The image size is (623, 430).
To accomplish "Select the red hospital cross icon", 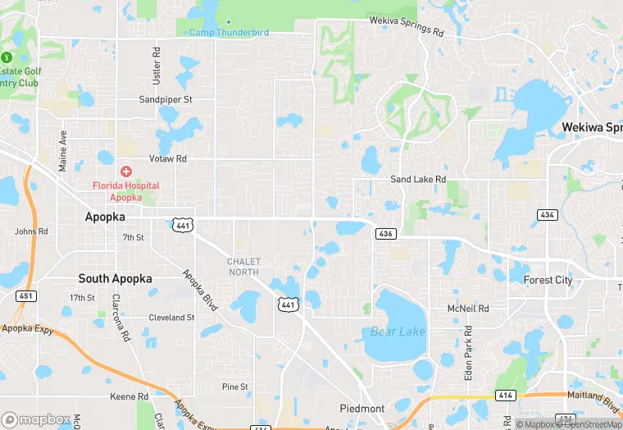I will point(126,172).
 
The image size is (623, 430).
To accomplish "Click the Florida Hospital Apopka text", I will point(125,192).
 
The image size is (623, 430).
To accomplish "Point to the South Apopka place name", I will point(115,279).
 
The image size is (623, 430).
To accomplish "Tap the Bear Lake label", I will point(398,332).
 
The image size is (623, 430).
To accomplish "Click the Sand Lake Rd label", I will point(418,179).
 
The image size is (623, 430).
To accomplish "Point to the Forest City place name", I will point(549,280).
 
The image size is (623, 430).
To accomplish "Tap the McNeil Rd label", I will point(468,309).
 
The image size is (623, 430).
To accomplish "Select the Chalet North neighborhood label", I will point(243,267).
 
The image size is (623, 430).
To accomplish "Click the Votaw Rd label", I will point(167,158).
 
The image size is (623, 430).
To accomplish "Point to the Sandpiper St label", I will point(165,99).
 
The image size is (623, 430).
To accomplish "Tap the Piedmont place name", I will point(362,409).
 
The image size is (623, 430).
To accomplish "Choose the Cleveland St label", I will point(171,318).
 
